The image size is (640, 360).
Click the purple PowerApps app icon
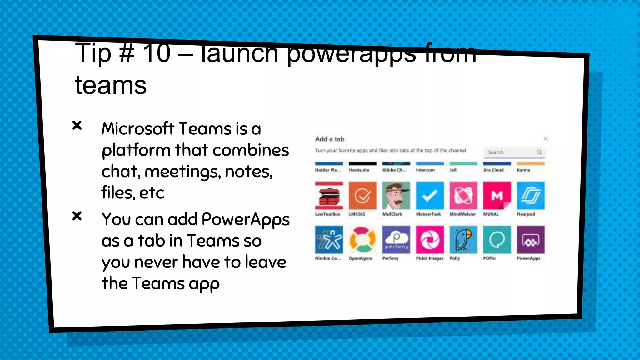coord(530,240)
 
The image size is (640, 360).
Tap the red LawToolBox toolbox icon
coord(329,196)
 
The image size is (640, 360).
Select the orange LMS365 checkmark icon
coord(362,196)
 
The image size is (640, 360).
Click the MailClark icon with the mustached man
coord(396,196)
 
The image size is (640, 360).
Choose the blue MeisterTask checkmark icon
coord(430,196)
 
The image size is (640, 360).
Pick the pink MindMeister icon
coord(463,196)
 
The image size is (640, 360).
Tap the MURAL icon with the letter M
coord(497,196)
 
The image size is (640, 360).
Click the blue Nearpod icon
coord(530,196)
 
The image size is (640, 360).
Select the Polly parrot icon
coord(463,240)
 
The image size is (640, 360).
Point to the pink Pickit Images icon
coord(430,240)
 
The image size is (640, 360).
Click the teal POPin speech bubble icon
coord(497,240)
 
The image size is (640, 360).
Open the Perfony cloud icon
coord(396,240)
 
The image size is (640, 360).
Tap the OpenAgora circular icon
coord(362,240)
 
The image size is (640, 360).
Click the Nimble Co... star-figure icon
coord(329,240)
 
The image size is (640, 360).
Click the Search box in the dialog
coord(511,152)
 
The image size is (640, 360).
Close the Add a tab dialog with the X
coord(546,139)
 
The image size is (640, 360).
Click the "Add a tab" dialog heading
coord(329,139)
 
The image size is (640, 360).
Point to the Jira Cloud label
coord(493,170)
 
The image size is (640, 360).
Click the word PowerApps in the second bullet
coord(246,220)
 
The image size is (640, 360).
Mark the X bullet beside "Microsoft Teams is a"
coord(77,125)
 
